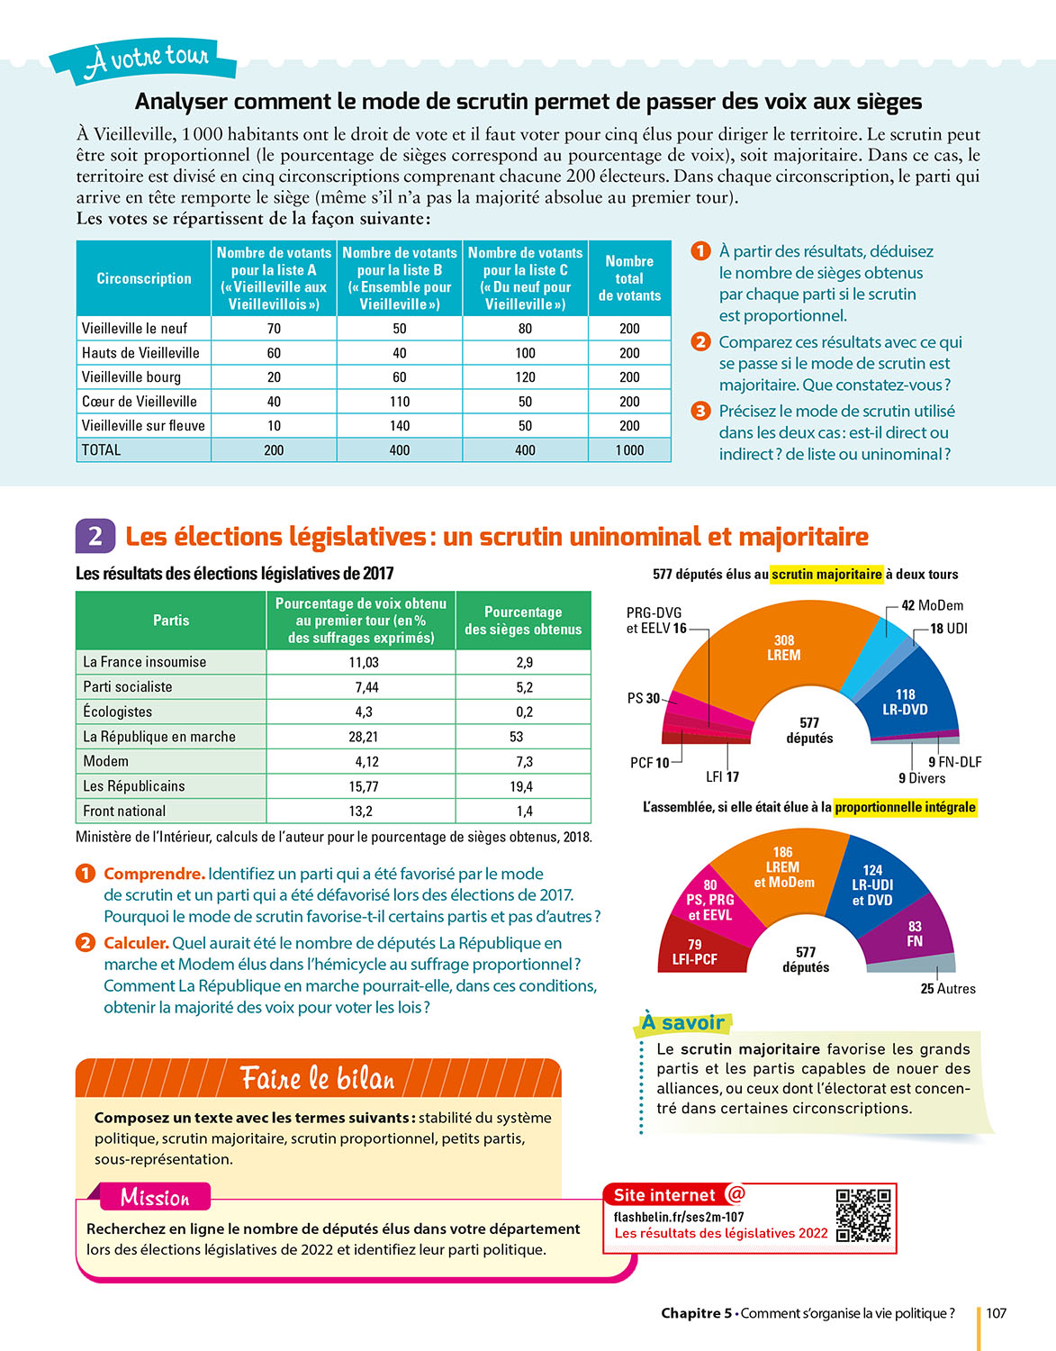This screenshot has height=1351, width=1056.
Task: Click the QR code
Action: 863,1215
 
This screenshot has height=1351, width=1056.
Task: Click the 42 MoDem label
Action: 933,605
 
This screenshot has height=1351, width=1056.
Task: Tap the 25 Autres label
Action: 948,988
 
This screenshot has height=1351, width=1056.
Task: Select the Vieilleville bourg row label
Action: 131,377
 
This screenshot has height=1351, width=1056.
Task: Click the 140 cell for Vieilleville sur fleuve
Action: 400,426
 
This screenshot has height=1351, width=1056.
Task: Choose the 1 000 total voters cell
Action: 629,450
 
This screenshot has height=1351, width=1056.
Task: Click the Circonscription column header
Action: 144,278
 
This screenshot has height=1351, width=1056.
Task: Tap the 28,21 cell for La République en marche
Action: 364,737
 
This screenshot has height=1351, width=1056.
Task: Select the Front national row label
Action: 124,812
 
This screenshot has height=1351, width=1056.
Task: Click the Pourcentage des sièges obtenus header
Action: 523,621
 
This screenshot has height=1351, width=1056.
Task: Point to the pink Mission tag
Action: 155,1197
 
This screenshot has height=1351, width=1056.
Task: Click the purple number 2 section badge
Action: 95,537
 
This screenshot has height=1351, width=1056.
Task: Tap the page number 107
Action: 996,1313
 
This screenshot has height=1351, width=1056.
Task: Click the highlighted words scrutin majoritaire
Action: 826,575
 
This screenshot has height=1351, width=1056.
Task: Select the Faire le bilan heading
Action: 318,1078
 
